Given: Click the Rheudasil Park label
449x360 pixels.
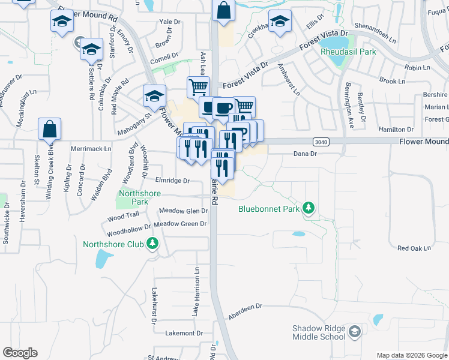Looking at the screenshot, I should click(x=348, y=52).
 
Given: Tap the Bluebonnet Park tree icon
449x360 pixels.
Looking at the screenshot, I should click(x=309, y=208).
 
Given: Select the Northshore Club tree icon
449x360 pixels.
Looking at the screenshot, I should click(x=153, y=243).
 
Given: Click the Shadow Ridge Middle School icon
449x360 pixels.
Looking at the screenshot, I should click(x=355, y=331).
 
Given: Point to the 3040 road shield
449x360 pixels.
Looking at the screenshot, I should click(x=321, y=141).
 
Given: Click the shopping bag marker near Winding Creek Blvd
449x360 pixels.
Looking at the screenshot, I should click(x=49, y=129).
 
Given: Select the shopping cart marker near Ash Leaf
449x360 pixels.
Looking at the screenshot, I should click(x=198, y=87).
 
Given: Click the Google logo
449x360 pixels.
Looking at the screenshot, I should click(x=20, y=353).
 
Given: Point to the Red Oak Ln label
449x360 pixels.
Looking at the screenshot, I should click(x=414, y=248).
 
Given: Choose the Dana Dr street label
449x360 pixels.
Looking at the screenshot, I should click(x=304, y=154).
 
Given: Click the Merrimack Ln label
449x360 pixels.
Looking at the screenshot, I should click(x=91, y=148).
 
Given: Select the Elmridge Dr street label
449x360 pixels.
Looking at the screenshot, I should click(x=172, y=180).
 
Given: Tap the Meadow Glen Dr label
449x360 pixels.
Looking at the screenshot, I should click(x=184, y=211).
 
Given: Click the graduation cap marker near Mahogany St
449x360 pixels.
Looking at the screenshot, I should click(x=154, y=95).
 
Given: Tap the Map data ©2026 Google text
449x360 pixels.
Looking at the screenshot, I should click(x=411, y=355).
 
